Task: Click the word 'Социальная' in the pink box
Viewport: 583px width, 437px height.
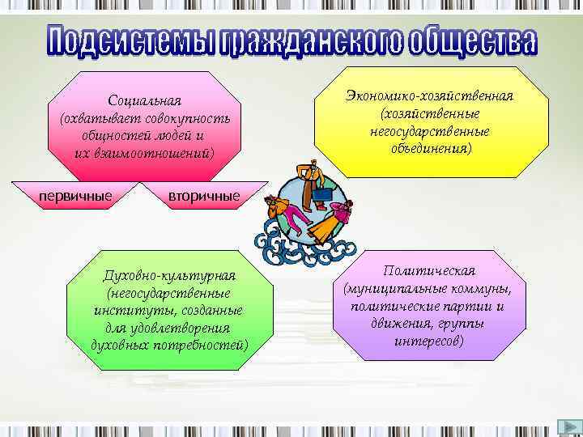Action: (145, 101)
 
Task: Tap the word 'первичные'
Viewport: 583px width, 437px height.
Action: (75, 195)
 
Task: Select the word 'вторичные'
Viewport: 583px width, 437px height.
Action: (204, 196)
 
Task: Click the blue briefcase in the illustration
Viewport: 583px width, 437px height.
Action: (323, 194)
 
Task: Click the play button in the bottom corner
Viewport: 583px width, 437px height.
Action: (568, 427)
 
